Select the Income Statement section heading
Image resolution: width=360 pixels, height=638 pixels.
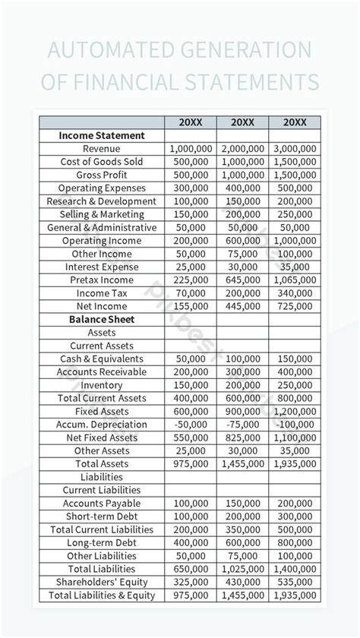102,136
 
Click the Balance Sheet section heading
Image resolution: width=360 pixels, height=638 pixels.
102,320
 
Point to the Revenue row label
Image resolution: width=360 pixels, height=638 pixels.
102,149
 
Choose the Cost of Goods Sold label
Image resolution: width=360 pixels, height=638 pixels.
102,162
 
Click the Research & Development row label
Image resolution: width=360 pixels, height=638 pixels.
102,201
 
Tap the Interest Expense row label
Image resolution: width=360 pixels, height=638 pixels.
102,267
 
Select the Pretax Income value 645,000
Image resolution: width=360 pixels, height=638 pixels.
242,280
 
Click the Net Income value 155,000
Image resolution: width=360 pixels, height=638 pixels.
191,306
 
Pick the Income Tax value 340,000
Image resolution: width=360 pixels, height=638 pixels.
294,293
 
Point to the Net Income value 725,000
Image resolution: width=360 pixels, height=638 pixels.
294,306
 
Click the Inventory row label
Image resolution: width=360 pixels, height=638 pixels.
102,385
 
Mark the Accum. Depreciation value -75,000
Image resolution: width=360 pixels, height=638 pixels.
242,425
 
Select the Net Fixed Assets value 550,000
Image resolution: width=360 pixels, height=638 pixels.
191,437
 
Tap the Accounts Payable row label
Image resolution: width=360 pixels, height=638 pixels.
102,504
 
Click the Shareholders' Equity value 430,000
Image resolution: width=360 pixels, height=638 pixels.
242,583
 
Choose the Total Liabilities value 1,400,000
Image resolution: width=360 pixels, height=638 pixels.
294,569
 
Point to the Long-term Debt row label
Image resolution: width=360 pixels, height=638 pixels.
102,543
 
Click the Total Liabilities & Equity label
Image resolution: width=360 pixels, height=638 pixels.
102,595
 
